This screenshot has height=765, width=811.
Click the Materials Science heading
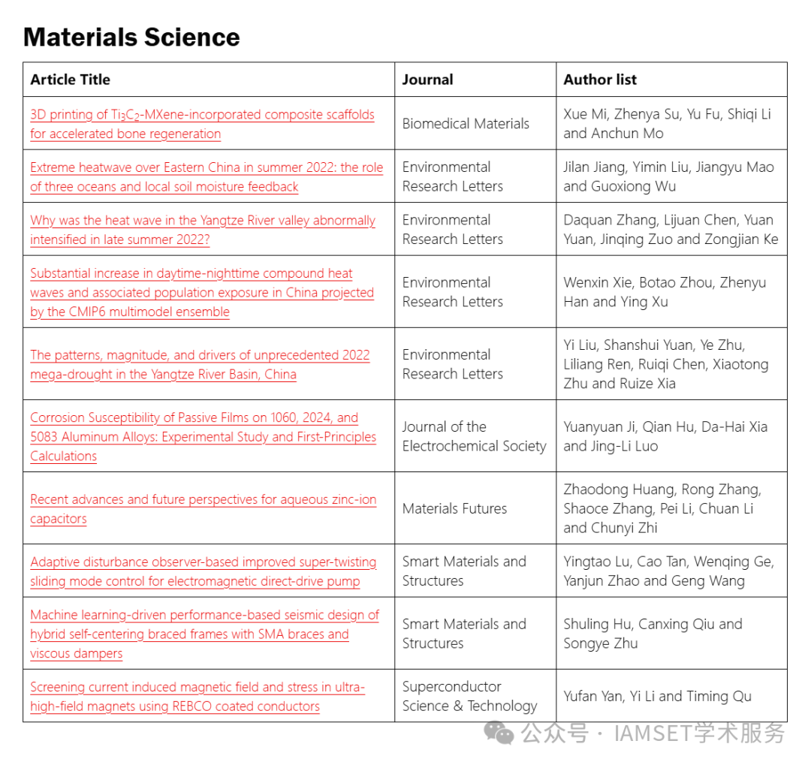click(131, 37)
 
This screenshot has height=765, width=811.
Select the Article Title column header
click(71, 80)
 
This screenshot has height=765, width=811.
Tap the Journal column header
click(427, 80)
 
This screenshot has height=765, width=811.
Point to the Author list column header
click(600, 80)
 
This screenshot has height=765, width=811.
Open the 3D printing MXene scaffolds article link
click(202, 124)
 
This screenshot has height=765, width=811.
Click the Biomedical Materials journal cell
click(466, 124)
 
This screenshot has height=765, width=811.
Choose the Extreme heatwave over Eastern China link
click(207, 177)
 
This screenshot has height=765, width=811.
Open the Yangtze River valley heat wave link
click(203, 230)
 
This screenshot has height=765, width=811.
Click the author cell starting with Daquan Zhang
click(671, 230)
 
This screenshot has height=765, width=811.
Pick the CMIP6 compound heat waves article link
click(202, 292)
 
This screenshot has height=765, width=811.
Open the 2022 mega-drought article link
click(200, 364)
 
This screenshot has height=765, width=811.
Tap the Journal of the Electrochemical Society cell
click(474, 436)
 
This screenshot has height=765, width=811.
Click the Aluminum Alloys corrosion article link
click(203, 436)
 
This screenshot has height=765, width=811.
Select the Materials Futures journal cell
click(454, 508)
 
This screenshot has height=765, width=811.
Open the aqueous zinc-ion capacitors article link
click(203, 509)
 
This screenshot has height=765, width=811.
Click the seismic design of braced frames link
click(204, 634)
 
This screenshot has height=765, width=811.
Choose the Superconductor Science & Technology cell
click(469, 696)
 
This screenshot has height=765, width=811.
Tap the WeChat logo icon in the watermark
click(499, 733)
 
